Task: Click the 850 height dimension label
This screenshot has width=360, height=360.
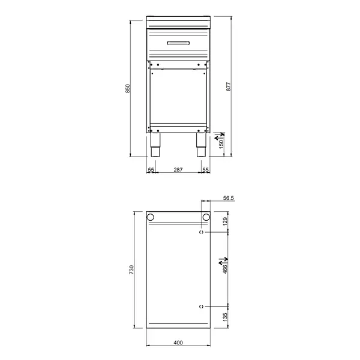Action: [127, 88]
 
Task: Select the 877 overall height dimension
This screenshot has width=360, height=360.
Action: [229, 85]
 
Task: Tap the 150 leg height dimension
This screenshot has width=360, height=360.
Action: [220, 145]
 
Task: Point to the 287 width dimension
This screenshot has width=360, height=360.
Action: [178, 170]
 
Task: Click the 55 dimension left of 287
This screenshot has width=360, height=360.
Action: [151, 170]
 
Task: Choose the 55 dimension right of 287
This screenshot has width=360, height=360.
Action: [205, 170]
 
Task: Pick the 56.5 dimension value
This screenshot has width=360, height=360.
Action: [228, 197]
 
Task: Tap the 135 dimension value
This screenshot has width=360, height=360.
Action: [226, 317]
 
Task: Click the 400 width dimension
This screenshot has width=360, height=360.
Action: [178, 343]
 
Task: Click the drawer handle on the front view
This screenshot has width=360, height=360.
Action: [178, 42]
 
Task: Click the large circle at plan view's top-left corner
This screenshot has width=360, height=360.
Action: [152, 217]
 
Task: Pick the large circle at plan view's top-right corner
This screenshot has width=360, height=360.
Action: [206, 217]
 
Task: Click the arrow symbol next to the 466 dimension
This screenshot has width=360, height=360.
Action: [221, 260]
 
